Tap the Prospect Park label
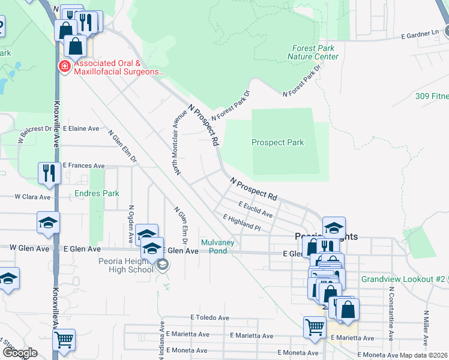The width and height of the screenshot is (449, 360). pyautogui.click(x=277, y=143)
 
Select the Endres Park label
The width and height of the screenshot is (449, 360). pyautogui.click(x=97, y=193)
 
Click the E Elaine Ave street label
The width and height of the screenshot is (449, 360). pyautogui.click(x=81, y=128)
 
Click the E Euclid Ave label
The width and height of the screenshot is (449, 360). pyautogui.click(x=255, y=209)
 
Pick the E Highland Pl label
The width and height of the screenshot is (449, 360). pyautogui.click(x=241, y=224)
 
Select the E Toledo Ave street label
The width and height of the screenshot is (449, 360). pyautogui.click(x=210, y=317)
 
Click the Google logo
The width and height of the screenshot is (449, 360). pyautogui.click(x=20, y=353)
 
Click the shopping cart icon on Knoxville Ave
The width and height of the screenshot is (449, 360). pyautogui.click(x=64, y=340)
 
